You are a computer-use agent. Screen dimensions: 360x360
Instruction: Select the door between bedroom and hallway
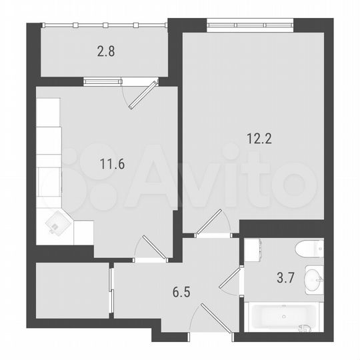212,223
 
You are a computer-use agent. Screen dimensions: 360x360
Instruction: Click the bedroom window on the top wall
251,26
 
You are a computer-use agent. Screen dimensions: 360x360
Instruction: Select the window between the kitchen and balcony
103,82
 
